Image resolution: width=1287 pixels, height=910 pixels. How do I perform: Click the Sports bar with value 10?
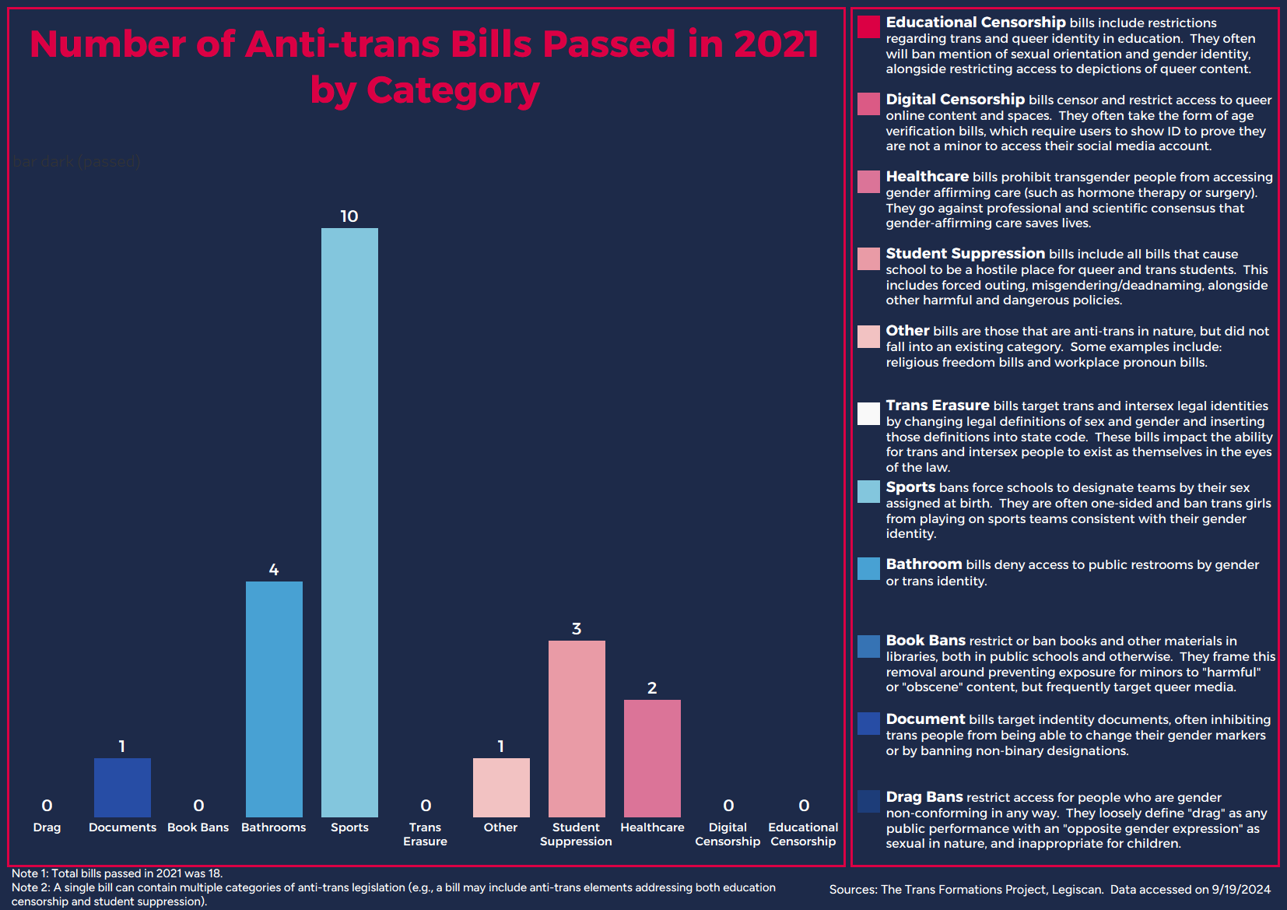(349, 522)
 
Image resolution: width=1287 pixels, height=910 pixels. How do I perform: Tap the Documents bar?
(122, 787)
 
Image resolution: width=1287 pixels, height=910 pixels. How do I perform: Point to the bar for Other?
(501, 787)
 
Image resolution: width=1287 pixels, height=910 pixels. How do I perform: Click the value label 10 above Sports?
(349, 216)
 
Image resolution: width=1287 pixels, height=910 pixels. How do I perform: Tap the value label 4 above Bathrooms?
(274, 570)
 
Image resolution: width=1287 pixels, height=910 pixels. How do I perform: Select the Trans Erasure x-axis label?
(425, 834)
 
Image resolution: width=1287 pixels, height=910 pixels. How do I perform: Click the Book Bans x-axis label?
(198, 827)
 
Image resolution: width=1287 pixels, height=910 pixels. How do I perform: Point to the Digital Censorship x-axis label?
(728, 834)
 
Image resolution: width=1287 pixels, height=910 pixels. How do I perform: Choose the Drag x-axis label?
(47, 827)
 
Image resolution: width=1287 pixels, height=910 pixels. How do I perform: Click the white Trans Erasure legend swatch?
(868, 413)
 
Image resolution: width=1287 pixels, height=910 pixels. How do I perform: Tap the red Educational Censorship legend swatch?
(868, 27)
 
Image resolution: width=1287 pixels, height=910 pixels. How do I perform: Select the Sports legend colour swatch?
(868, 491)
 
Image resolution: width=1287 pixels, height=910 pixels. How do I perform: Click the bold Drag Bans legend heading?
(924, 797)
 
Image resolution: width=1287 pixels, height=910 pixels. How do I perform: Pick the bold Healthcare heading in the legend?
(927, 177)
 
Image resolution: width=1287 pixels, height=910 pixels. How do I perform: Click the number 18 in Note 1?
(212, 873)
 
